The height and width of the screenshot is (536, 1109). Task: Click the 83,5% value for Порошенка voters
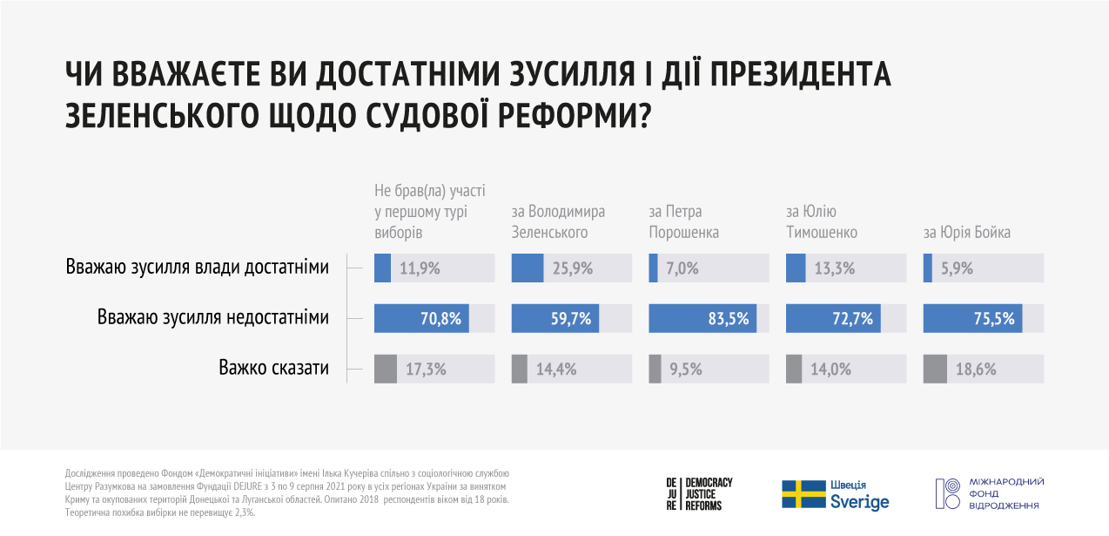click(x=729, y=319)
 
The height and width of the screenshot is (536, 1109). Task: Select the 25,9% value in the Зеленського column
click(x=573, y=268)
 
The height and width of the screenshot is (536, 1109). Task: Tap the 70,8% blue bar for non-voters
click(x=421, y=319)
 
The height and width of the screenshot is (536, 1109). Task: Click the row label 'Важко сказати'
click(x=273, y=368)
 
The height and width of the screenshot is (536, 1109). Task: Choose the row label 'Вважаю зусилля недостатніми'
click(x=213, y=318)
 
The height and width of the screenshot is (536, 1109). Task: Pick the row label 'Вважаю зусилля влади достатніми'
click(x=197, y=268)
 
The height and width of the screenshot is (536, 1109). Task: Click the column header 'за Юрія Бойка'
click(x=966, y=233)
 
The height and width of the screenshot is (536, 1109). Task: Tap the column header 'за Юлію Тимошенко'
click(x=822, y=222)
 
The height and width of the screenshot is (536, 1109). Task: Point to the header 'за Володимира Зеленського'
click(x=558, y=222)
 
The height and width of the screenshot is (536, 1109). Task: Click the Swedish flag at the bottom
click(x=803, y=493)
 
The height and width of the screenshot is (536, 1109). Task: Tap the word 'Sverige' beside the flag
click(x=860, y=503)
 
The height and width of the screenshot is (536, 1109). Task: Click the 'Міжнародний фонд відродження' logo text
click(x=1005, y=493)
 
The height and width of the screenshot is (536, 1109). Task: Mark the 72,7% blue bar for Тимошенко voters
click(x=833, y=319)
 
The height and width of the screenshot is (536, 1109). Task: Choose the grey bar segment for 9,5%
click(x=654, y=370)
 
